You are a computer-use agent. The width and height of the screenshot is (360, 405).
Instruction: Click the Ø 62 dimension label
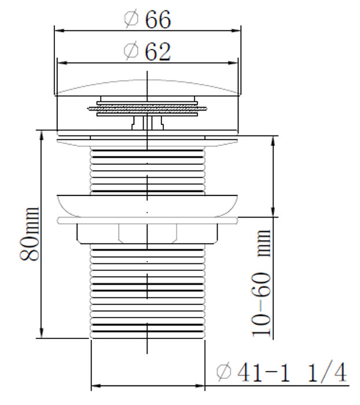click(148, 52)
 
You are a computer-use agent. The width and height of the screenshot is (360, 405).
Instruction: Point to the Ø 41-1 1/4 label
click(281, 372)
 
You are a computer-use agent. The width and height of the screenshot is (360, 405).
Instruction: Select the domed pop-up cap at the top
click(148, 87)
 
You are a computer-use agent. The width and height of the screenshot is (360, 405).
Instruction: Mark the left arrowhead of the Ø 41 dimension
click(95, 385)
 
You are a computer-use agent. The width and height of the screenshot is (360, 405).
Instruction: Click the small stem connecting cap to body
click(148, 123)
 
